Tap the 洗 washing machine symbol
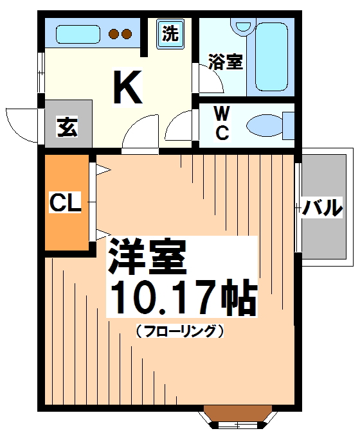click(170, 34)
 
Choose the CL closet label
click(66, 205)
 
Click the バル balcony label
click(322, 207)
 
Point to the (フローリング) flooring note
click(180, 332)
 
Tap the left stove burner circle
click(113, 34)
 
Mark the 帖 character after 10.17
click(237, 297)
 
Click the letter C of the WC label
click(222, 133)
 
